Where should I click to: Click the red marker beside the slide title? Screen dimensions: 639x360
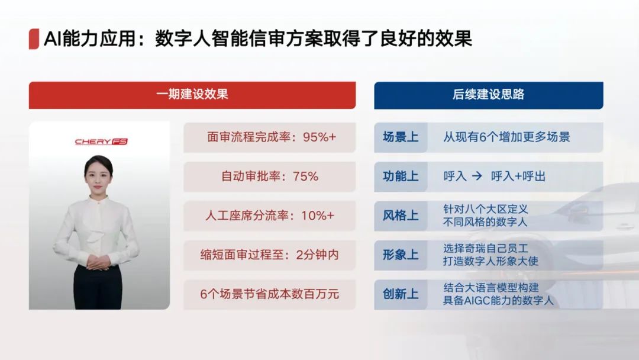click(x=34, y=39)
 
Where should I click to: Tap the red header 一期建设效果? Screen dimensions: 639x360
click(x=192, y=95)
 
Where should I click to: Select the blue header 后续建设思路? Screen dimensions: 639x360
click(x=488, y=95)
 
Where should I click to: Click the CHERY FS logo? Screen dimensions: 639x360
click(x=101, y=142)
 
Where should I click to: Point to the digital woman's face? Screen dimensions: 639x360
click(x=98, y=176)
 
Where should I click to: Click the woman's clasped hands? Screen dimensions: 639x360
click(x=98, y=262)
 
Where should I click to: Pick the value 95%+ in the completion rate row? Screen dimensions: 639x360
click(x=319, y=137)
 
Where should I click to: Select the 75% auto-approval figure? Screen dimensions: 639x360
click(x=305, y=176)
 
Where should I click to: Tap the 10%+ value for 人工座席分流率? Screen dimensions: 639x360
click(x=318, y=216)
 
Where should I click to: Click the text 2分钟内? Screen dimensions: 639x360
click(x=318, y=255)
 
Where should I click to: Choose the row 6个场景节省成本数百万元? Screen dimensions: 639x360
click(x=269, y=294)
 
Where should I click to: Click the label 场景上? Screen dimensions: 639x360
click(x=401, y=137)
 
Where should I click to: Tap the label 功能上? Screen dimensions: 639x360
click(x=401, y=176)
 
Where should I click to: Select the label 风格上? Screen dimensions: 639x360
click(x=401, y=216)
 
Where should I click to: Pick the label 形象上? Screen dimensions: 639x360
click(x=401, y=255)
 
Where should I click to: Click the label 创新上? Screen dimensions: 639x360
click(x=401, y=294)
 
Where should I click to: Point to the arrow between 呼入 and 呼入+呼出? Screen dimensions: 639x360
click(x=477, y=176)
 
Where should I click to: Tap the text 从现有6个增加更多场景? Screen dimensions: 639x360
click(x=506, y=137)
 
